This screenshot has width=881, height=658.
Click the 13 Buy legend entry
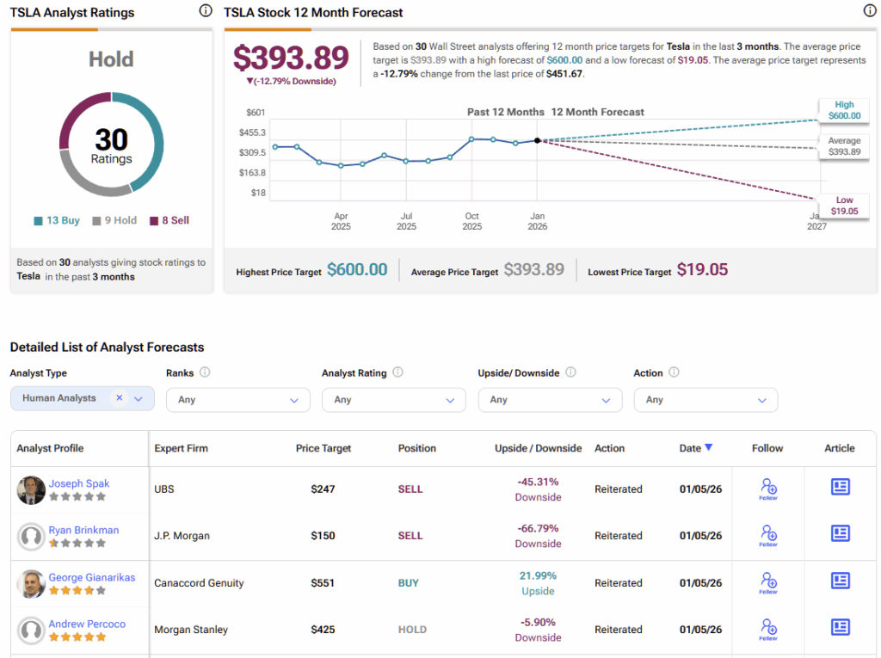[x=57, y=220]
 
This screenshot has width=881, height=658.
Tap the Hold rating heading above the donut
[x=111, y=59]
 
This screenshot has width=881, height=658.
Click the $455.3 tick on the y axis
[x=252, y=132]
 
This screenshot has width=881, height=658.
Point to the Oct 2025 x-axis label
[x=471, y=221]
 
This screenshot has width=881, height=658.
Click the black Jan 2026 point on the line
[x=537, y=140]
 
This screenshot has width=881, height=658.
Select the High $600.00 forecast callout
[x=843, y=110]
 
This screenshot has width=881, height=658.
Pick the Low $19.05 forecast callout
[x=843, y=206]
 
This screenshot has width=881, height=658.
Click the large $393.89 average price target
[x=291, y=58]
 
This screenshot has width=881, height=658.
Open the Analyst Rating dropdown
[x=393, y=400]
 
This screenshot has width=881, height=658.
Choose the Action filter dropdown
[x=705, y=400]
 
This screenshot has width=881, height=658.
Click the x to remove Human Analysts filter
[x=120, y=398]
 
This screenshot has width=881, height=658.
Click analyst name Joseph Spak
[x=79, y=483]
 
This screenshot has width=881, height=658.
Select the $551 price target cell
[x=323, y=583]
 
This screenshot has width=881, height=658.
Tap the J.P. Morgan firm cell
[x=182, y=536]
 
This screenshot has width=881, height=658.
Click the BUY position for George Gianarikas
[x=409, y=583]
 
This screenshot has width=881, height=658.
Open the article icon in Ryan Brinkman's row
[x=840, y=533]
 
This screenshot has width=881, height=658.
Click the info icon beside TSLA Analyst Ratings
[x=205, y=11]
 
